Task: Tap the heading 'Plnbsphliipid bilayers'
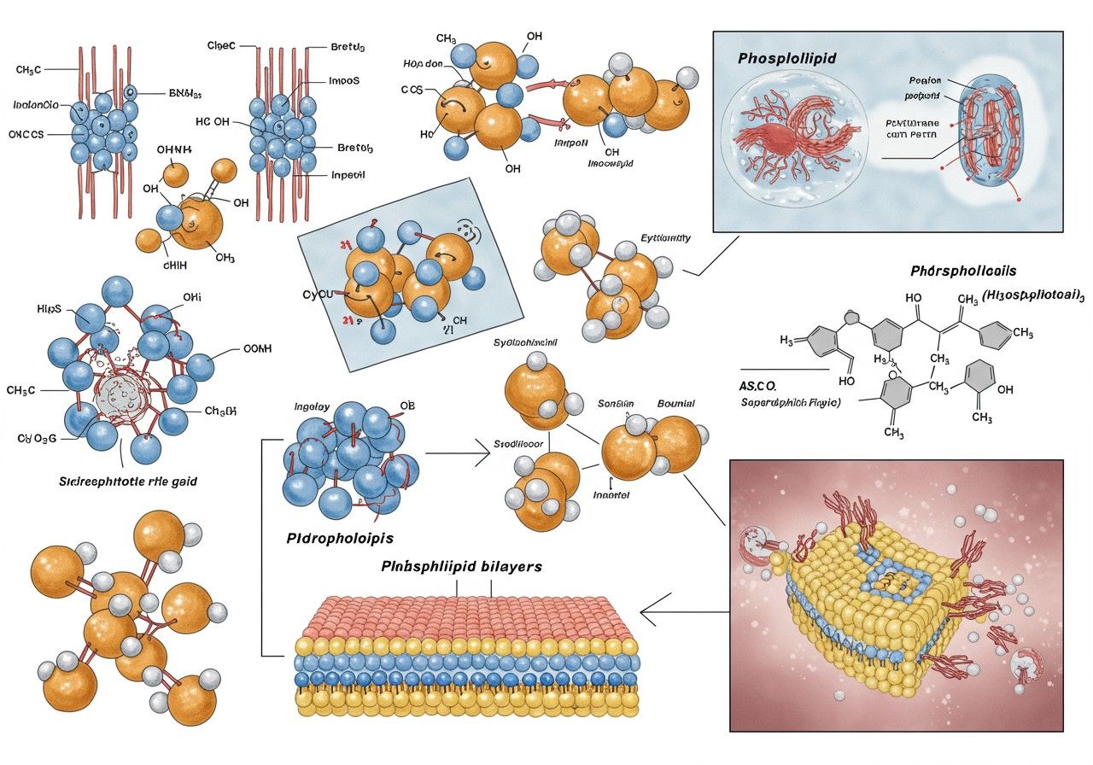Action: pyautogui.click(x=461, y=566)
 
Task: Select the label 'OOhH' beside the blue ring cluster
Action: pyautogui.click(x=257, y=348)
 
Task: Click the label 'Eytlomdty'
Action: pyautogui.click(x=664, y=239)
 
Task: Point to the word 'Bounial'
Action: pyautogui.click(x=675, y=403)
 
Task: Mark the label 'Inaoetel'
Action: pyautogui.click(x=611, y=494)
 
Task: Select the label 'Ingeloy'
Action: pyautogui.click(x=311, y=406)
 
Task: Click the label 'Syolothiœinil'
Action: pyautogui.click(x=525, y=342)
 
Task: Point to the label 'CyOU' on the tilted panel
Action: pyautogui.click(x=317, y=295)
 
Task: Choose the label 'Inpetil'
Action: pyautogui.click(x=348, y=175)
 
